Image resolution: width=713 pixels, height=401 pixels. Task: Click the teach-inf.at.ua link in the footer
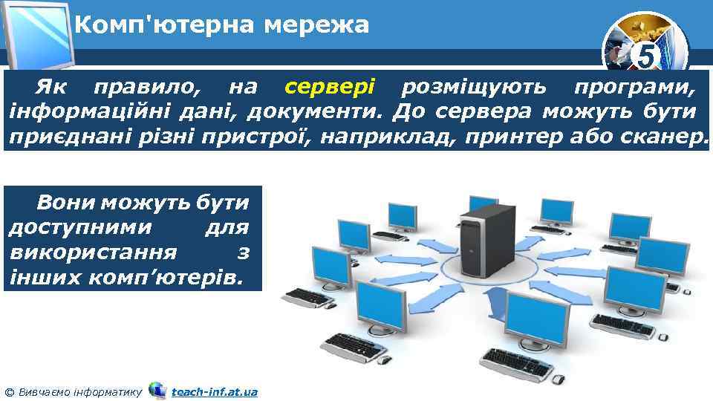click(214, 391)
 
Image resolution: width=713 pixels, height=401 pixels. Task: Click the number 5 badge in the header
click(648, 54)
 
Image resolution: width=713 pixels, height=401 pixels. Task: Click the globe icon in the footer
click(157, 389)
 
